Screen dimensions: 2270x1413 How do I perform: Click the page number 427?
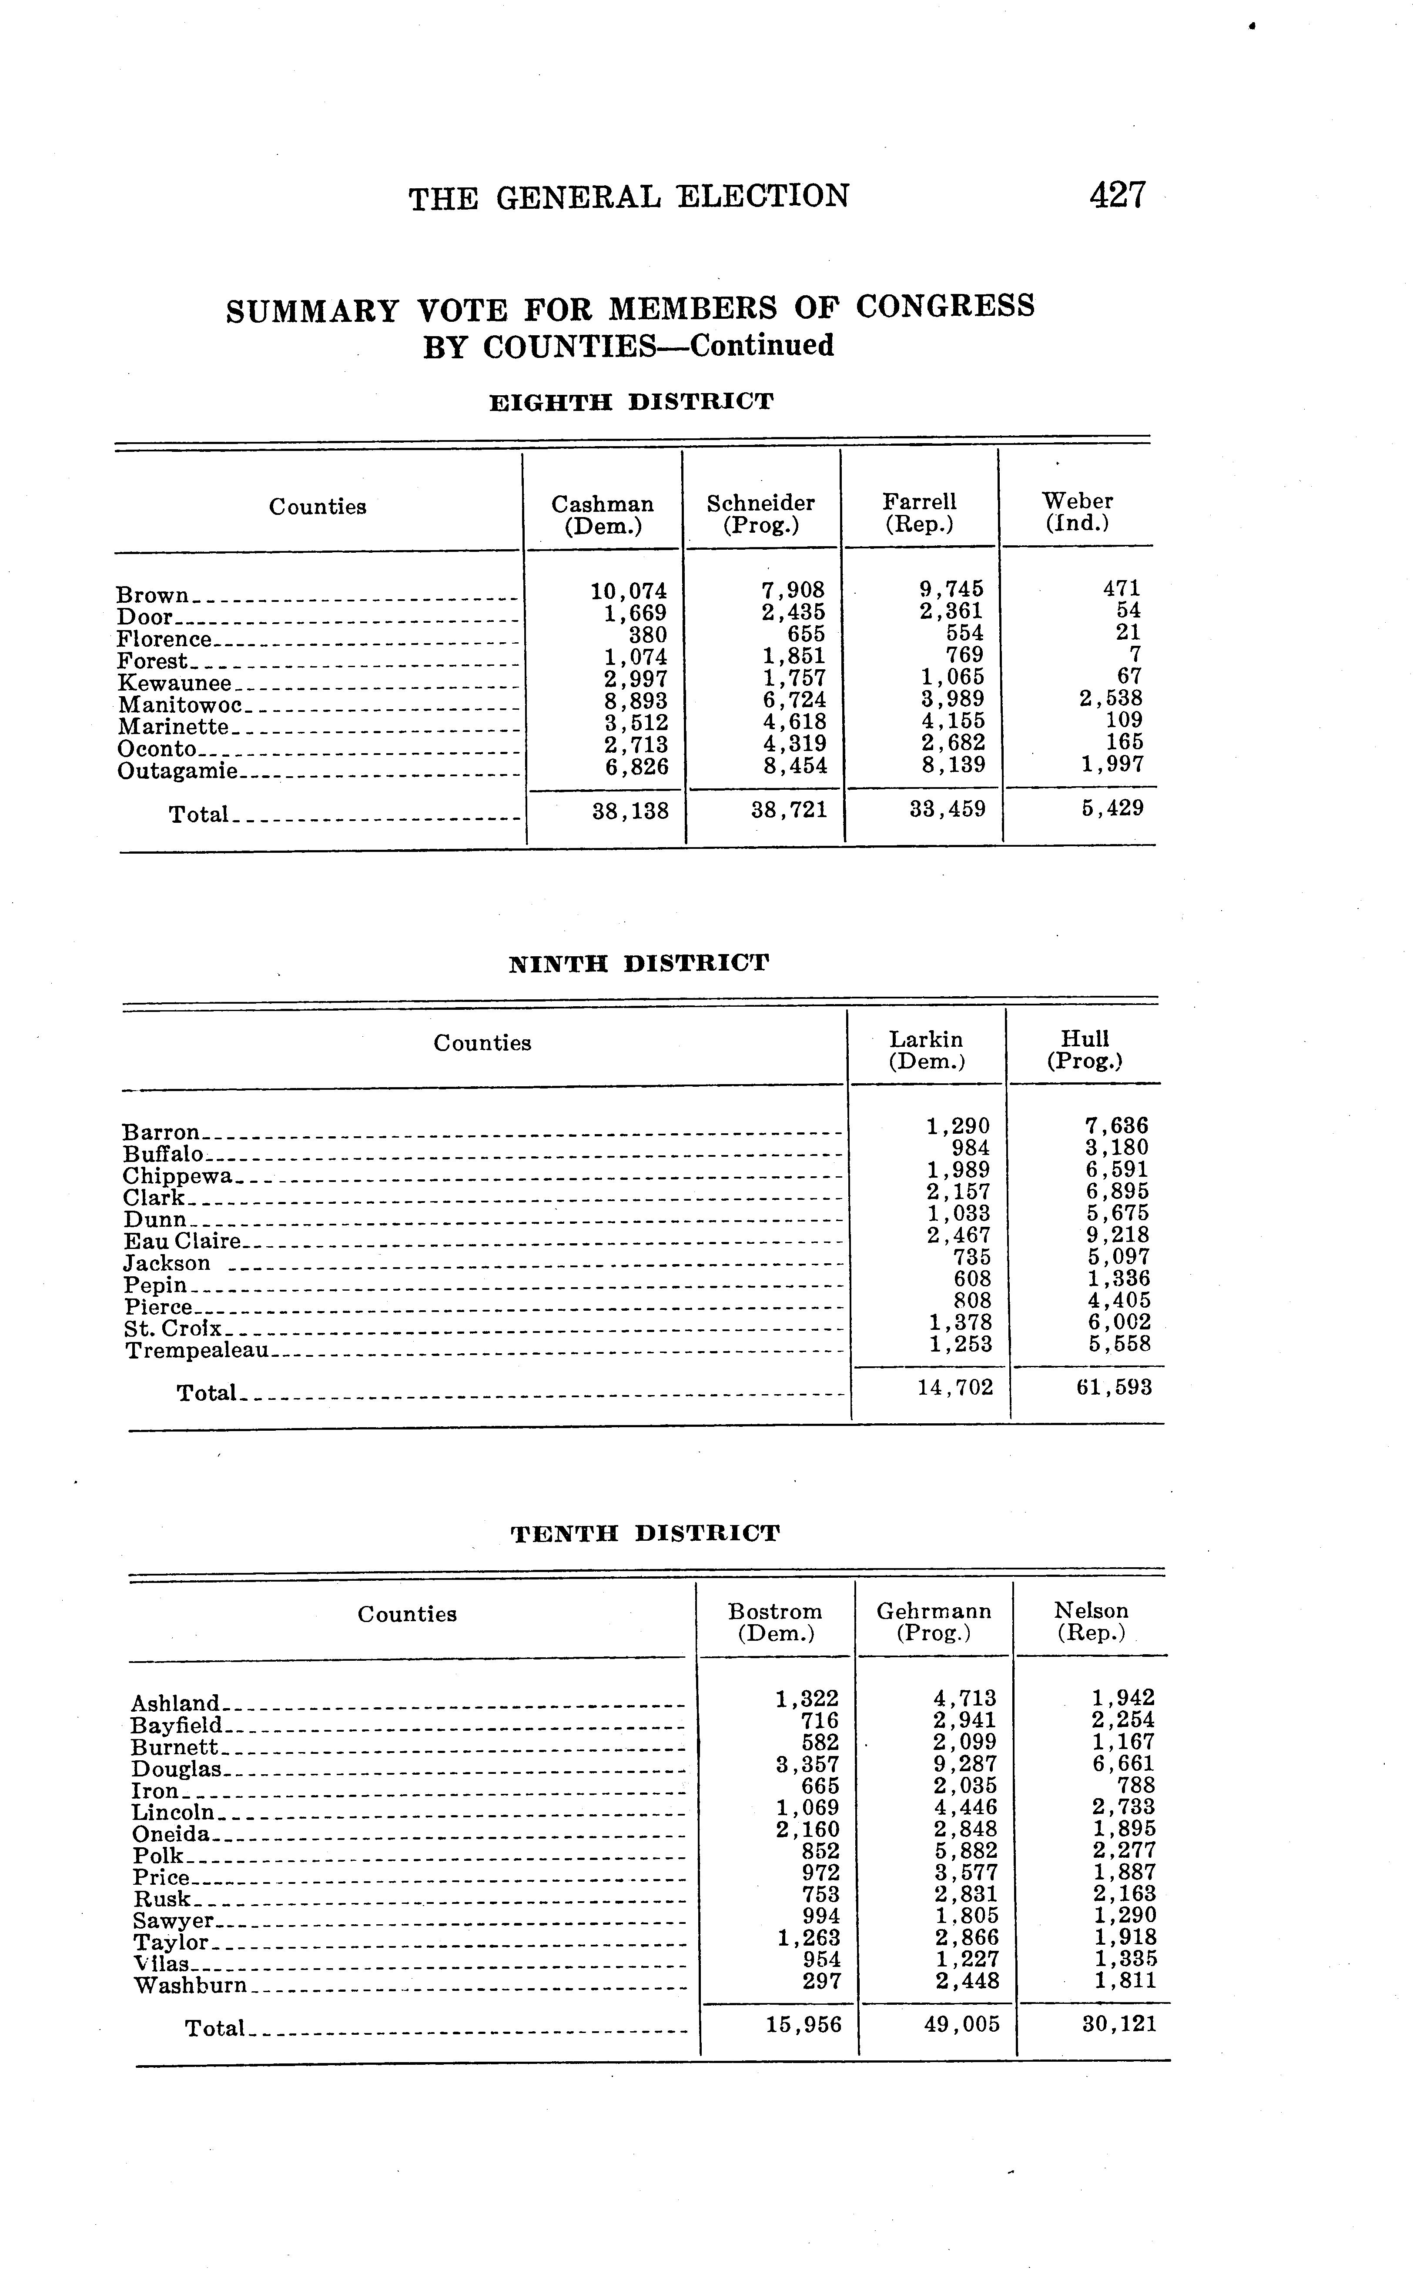coord(1117,195)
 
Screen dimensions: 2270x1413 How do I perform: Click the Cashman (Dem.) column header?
coord(603,515)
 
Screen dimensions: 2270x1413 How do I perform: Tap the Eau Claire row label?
coord(182,1242)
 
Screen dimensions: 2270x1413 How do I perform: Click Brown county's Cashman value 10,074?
coord(629,591)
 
